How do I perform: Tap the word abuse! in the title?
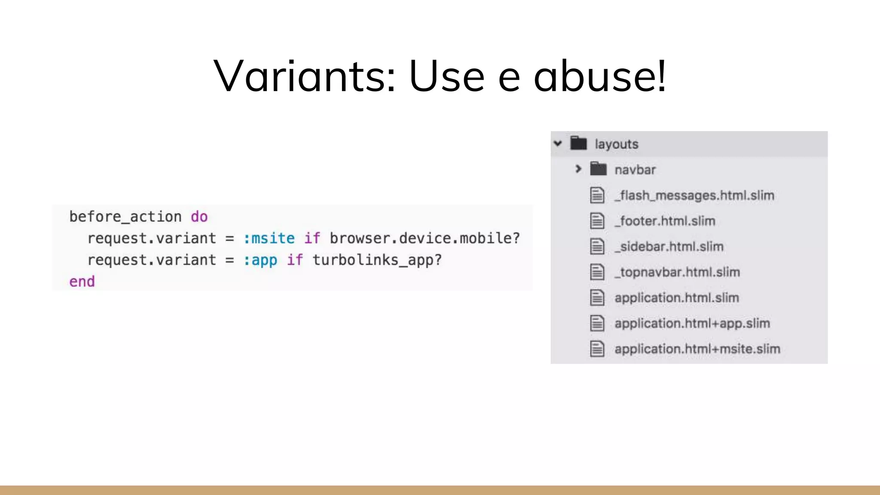600,76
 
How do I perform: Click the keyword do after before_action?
199,217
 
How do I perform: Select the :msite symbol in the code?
269,238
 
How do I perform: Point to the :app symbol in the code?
260,260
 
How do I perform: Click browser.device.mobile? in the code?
425,238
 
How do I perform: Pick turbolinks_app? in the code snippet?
377,260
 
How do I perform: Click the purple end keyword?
82,281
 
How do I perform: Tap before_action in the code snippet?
125,217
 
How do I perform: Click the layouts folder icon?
578,143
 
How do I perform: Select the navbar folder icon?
598,169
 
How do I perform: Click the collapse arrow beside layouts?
558,144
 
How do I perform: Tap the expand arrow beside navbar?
578,169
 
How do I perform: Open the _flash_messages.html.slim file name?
694,196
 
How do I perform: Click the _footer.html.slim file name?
665,221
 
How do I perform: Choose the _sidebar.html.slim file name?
669,247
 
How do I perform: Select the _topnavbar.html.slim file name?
677,272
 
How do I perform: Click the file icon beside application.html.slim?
597,297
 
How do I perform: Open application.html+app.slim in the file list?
692,323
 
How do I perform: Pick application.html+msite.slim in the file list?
697,349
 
